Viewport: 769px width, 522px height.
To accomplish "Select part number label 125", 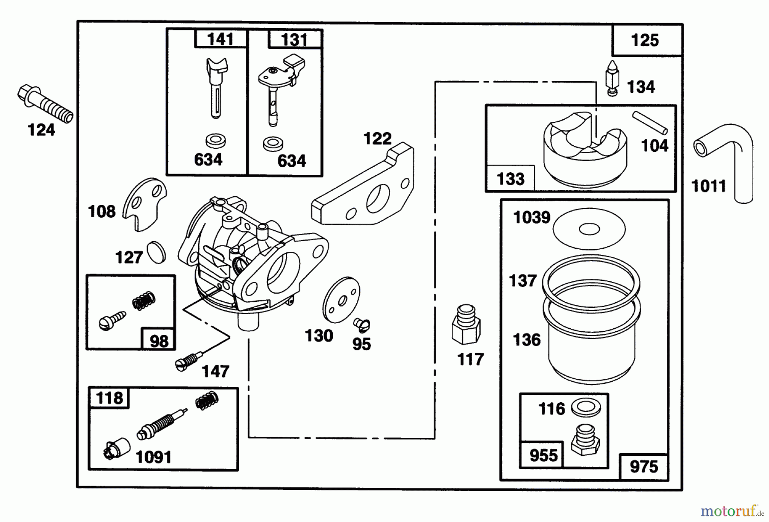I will tap(645, 41).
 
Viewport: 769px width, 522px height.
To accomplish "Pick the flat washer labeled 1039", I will tap(589, 229).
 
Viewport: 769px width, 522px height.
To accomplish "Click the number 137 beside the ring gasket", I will tap(522, 281).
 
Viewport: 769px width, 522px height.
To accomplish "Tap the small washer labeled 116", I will tap(585, 408).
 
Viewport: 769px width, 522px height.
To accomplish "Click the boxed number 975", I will tap(644, 467).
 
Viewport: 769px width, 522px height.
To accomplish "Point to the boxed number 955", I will tap(543, 456).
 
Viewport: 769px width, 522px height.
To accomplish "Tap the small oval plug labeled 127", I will tap(156, 253).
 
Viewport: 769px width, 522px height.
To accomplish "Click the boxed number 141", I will tap(221, 40).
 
